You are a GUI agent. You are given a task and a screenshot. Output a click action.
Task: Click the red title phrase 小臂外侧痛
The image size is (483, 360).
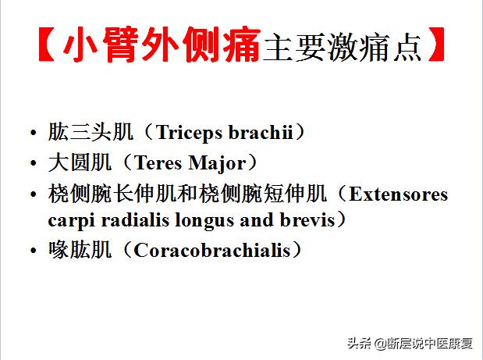tap(161, 48)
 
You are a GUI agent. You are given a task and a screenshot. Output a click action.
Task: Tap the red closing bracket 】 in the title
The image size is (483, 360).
tap(438, 48)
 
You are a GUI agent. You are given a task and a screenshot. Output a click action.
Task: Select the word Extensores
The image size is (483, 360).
tap(398, 194)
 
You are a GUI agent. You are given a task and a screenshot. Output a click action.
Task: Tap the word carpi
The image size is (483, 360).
tap(70, 220)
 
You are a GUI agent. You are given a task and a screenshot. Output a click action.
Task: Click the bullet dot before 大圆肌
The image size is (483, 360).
tap(33, 164)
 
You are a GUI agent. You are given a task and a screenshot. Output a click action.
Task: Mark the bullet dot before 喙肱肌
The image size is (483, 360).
tap(33, 251)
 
